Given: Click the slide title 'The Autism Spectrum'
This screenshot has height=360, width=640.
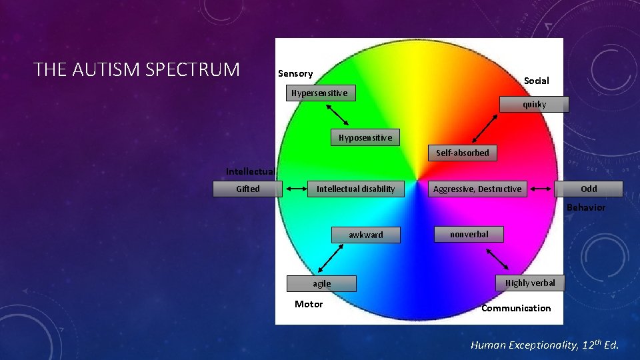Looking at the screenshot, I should click(137, 69).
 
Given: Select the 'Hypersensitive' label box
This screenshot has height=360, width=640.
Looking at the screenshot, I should click(319, 93).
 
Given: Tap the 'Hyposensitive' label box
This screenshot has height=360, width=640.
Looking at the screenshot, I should click(365, 138).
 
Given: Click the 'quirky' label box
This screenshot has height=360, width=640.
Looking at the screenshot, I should click(535, 105).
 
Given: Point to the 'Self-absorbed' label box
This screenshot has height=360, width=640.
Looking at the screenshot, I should click(463, 153).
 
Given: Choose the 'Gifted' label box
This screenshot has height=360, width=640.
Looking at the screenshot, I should click(248, 189).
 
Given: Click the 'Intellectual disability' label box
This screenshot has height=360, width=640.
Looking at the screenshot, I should click(355, 189).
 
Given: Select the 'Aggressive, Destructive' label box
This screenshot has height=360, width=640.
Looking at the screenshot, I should click(477, 189).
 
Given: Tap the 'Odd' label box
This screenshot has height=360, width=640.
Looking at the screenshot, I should click(589, 189).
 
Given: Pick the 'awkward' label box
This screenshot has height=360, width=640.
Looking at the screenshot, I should click(366, 235).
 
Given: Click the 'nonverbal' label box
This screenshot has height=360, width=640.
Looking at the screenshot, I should click(469, 234).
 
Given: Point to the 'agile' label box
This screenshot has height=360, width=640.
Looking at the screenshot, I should click(321, 283).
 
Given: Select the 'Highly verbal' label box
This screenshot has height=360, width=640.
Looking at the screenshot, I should click(530, 283).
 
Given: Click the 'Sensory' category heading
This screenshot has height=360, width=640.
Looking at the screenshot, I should click(295, 73).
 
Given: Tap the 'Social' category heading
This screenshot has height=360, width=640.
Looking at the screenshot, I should click(536, 81).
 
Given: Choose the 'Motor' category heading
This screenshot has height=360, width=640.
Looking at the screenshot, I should click(309, 304).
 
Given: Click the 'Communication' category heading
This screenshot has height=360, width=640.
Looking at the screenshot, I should click(516, 308).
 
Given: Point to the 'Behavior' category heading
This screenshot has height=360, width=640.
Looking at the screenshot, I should click(586, 207).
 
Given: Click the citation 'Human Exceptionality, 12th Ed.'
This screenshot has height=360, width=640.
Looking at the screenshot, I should click(545, 345).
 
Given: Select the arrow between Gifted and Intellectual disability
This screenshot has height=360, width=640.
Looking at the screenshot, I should click(295, 189).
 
